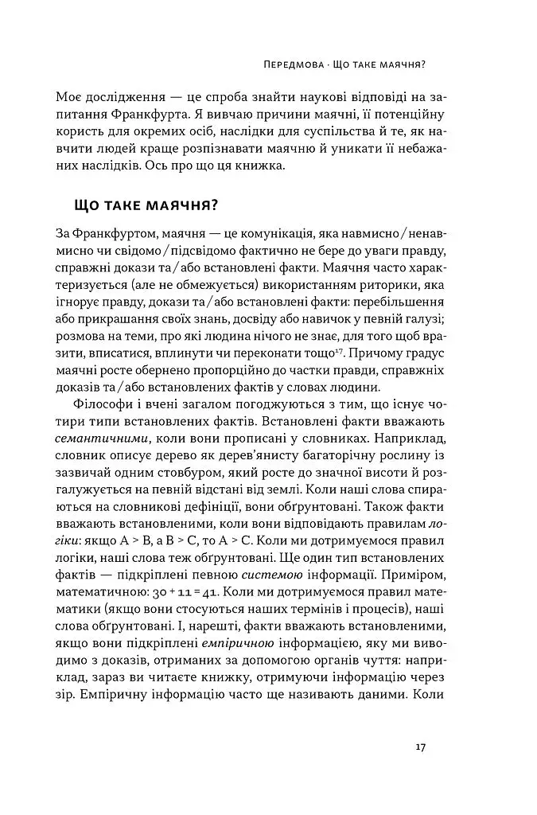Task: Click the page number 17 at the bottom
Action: (422, 747)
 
